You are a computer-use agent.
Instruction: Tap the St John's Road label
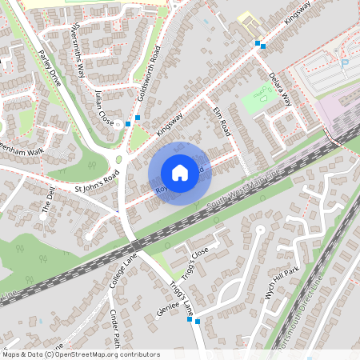96,183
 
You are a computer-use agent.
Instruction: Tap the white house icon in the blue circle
180,172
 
